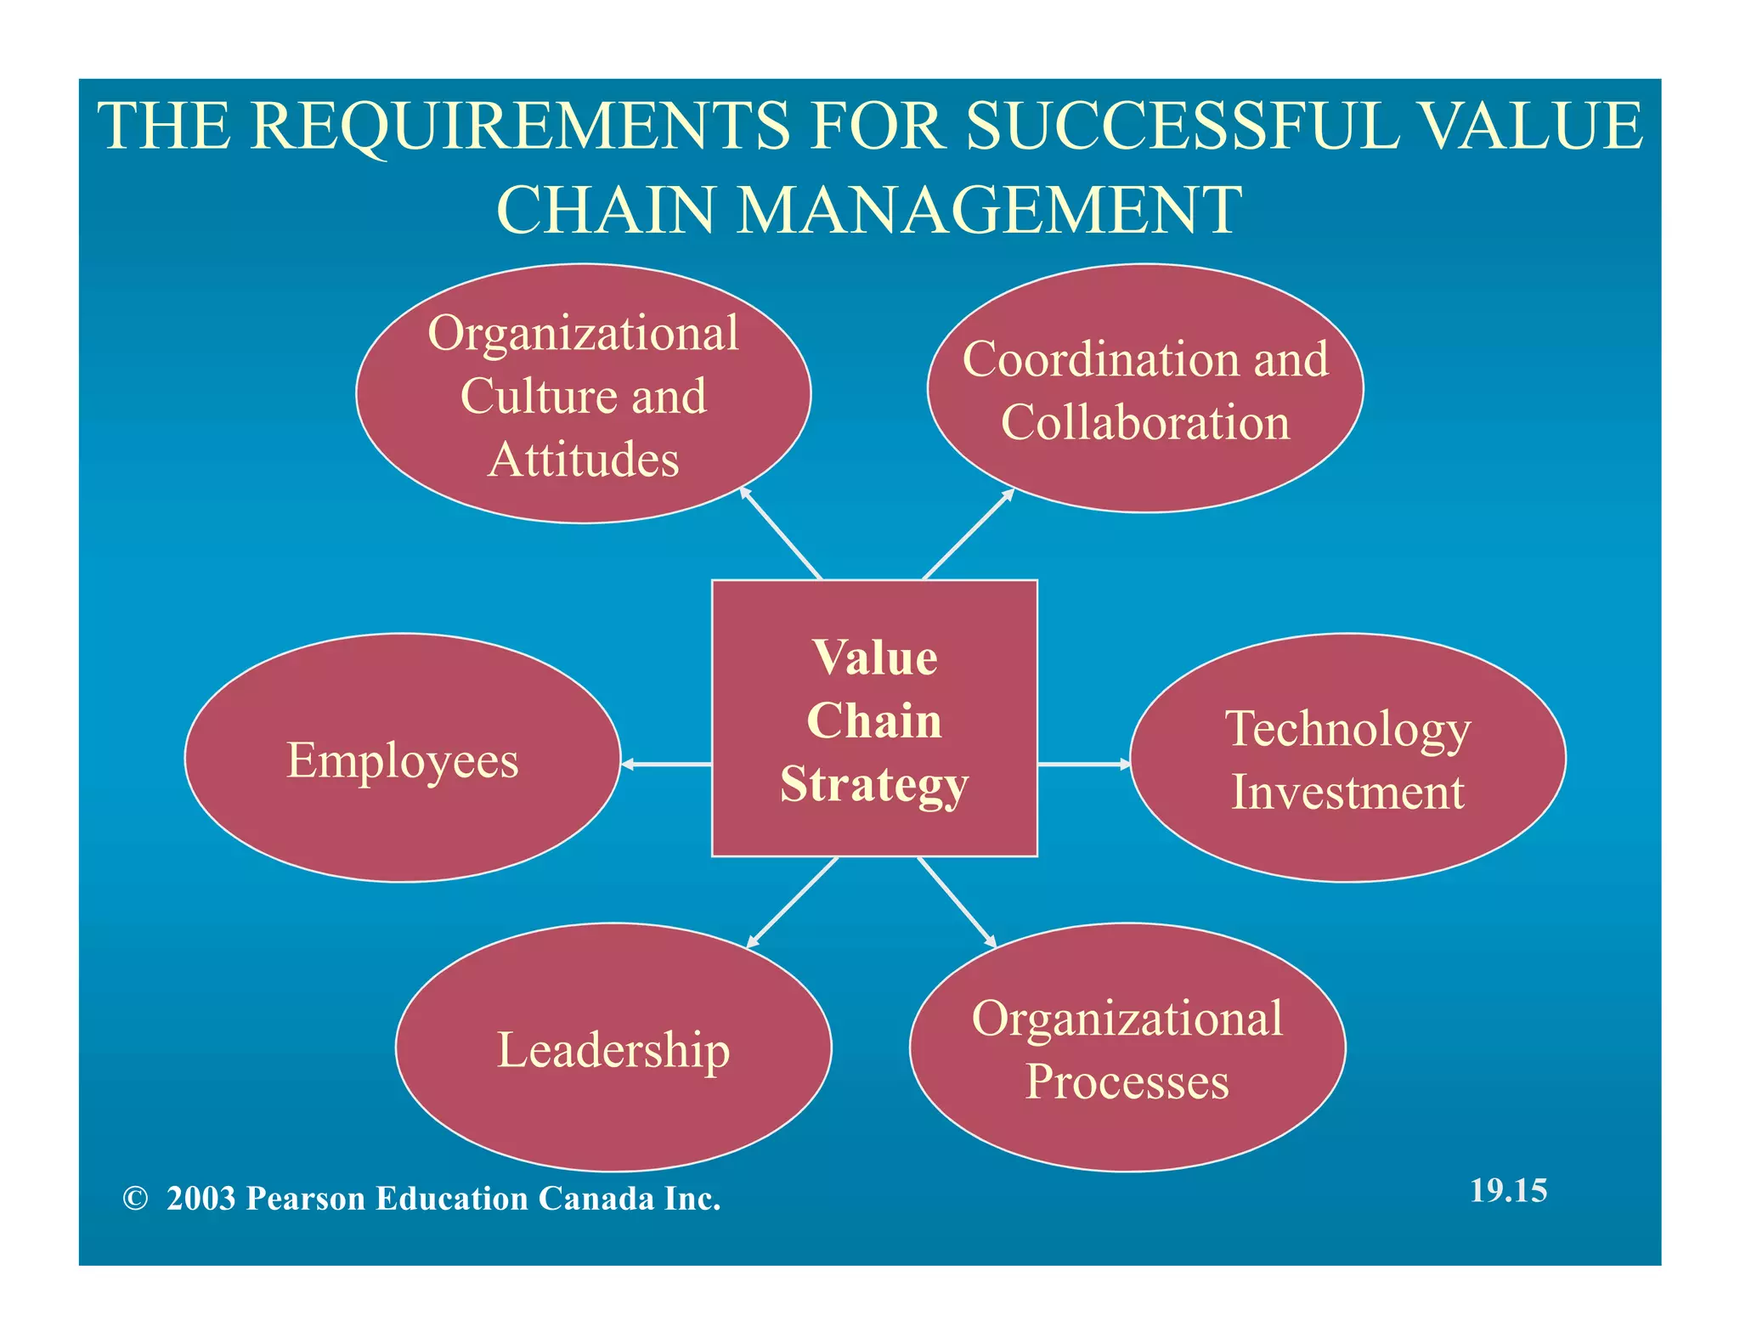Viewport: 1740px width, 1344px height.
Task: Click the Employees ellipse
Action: click(402, 759)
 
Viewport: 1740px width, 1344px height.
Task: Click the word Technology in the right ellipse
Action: click(1347, 730)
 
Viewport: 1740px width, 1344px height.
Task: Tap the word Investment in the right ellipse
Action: click(1347, 793)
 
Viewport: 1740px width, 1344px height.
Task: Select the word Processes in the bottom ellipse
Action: click(1127, 1082)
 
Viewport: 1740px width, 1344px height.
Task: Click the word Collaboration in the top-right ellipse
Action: click(1144, 422)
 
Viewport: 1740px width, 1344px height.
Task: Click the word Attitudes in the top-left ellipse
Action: click(583, 460)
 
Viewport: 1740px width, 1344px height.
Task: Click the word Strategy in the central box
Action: click(874, 784)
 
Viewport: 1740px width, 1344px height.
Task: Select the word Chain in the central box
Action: click(874, 721)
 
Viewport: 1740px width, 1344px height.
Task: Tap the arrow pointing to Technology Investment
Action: click(1083, 765)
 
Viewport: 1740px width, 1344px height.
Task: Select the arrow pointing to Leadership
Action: click(792, 903)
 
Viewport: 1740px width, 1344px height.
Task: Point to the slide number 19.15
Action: click(1508, 1190)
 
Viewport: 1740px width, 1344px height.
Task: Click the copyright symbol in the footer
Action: click(135, 1199)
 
